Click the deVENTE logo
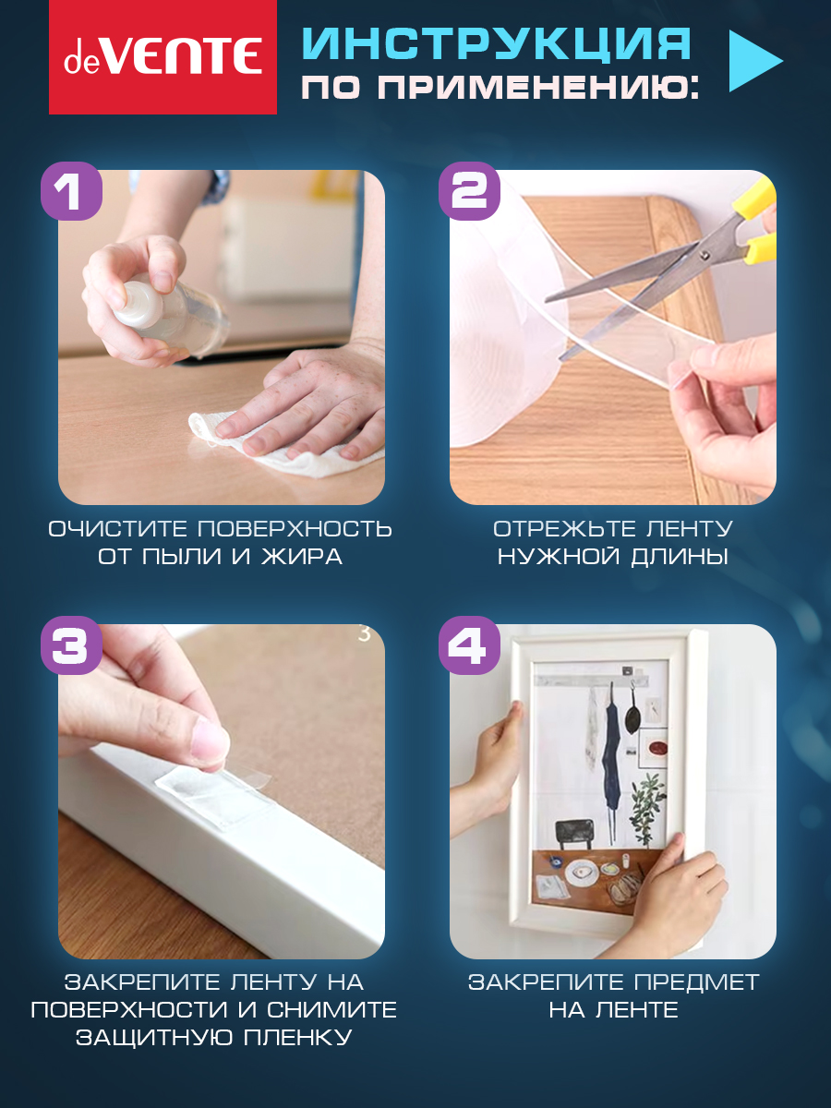[x=163, y=57]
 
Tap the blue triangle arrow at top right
[x=755, y=61]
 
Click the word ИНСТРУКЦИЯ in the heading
[x=497, y=43]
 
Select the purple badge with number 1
[x=71, y=191]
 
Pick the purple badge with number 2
[x=469, y=191]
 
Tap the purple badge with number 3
[x=71, y=645]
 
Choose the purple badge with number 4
[x=469, y=645]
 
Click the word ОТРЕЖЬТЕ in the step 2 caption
[x=564, y=529]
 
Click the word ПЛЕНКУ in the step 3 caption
[x=297, y=1038]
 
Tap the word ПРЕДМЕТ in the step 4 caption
[x=696, y=982]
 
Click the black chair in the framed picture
[x=574, y=833]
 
